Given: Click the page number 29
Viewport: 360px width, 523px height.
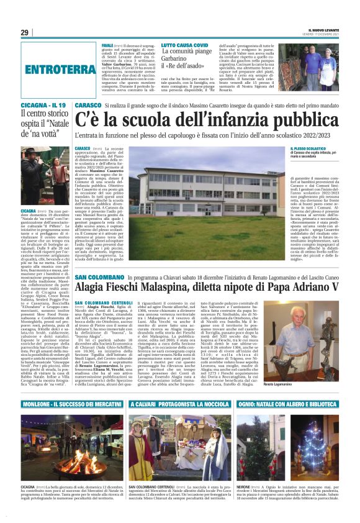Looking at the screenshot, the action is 25,33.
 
